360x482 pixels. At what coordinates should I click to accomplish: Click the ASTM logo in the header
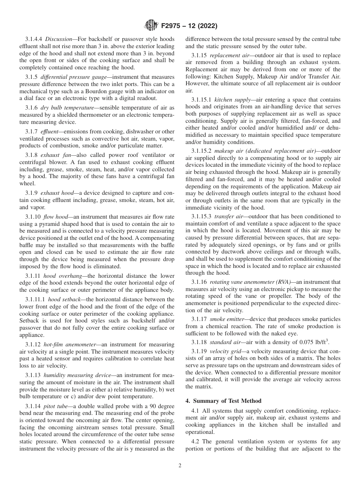click(x=151, y=26)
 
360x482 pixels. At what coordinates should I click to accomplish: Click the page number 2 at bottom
click(x=180, y=466)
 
